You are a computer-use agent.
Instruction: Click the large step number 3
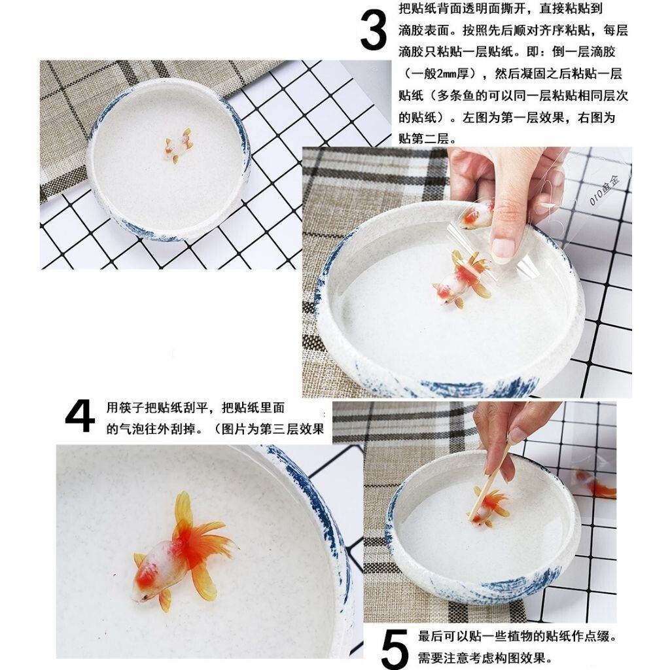[x=373, y=30]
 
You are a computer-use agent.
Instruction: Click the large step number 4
[x=80, y=416]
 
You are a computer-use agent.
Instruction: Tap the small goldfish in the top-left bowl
[x=179, y=145]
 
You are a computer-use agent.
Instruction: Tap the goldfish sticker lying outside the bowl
[x=595, y=484]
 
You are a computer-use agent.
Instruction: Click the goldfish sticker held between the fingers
[x=477, y=216]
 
